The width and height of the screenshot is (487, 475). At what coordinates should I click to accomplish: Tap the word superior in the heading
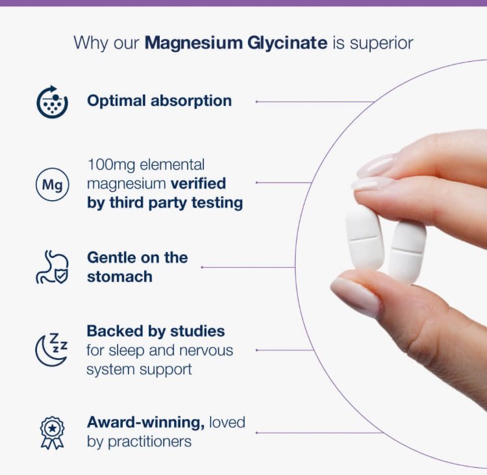[381, 44]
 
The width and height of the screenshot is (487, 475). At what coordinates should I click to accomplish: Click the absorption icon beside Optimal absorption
[53, 102]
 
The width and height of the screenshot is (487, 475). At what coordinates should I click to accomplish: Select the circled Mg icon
[52, 185]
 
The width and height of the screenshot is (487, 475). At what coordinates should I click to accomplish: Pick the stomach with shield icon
[52, 267]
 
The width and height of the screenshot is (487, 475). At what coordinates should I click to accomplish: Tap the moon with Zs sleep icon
[51, 350]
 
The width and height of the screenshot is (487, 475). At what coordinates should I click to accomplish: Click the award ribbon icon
[52, 432]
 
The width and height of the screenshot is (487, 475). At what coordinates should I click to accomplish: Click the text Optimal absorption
[159, 101]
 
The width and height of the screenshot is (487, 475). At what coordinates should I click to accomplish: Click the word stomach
[119, 276]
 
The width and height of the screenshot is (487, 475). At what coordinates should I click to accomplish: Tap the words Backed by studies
[156, 331]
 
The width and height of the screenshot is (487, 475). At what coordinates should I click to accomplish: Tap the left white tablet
[364, 238]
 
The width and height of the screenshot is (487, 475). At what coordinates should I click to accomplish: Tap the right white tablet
[407, 251]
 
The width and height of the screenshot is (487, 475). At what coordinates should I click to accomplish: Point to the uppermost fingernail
[376, 165]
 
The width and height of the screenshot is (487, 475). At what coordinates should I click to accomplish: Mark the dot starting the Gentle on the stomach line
[203, 267]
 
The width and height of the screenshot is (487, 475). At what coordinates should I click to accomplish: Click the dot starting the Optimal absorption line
[257, 102]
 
